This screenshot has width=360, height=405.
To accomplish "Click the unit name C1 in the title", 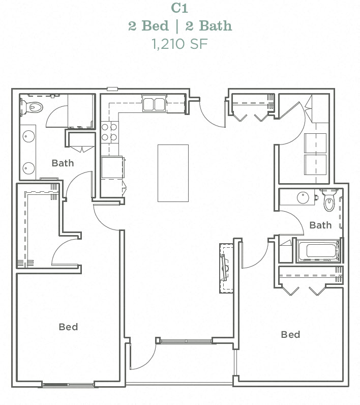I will click(x=180, y=9).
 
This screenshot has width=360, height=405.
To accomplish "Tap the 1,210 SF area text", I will click(x=180, y=43).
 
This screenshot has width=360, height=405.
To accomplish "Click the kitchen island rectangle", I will click(x=173, y=173).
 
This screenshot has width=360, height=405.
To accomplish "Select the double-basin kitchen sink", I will click(x=154, y=104).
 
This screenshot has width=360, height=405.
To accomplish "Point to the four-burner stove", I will click(x=109, y=132).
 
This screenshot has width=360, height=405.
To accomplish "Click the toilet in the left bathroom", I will click(x=33, y=107).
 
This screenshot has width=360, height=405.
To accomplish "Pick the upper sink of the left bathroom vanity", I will click(x=28, y=137).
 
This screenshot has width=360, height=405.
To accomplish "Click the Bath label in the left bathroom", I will click(x=63, y=163).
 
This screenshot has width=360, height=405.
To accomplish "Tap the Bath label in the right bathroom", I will click(x=320, y=225).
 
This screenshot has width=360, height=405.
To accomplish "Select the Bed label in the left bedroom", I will click(x=68, y=327).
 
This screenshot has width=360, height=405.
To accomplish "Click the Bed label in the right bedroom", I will click(x=290, y=334).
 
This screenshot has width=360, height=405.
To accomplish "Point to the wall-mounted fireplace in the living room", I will click(x=225, y=268).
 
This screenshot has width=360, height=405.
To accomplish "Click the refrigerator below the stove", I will click(x=112, y=167).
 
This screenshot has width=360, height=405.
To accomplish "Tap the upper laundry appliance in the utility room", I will click(x=315, y=143).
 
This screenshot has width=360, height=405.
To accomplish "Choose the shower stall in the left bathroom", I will click(x=80, y=111).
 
